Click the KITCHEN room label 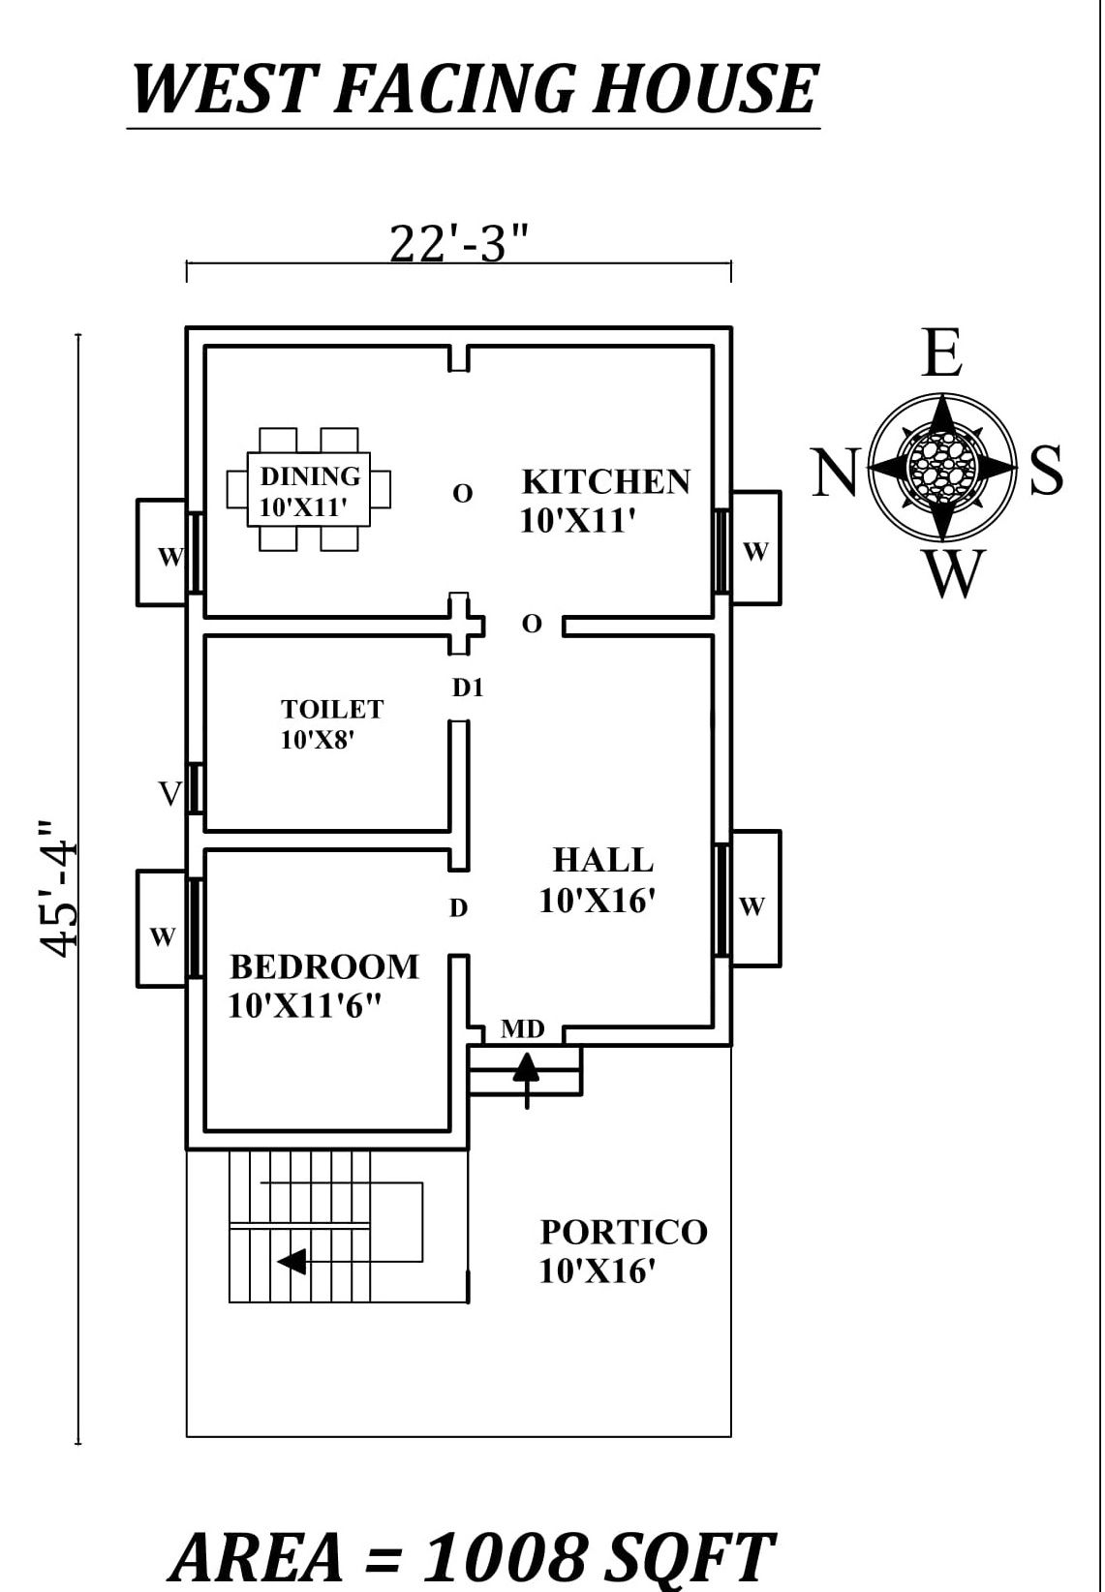tap(605, 482)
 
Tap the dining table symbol tap(309, 490)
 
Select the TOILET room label tap(331, 710)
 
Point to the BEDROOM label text tap(324, 967)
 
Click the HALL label tap(602, 860)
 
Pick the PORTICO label tap(624, 1233)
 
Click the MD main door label tap(522, 1029)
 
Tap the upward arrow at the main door tap(526, 1075)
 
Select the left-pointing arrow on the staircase tap(292, 1262)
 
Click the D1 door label tap(468, 689)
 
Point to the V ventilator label tap(170, 795)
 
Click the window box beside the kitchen tap(755, 548)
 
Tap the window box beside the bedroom tap(162, 929)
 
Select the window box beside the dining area tap(162, 553)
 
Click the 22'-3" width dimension tap(459, 244)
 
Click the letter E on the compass tap(941, 354)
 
